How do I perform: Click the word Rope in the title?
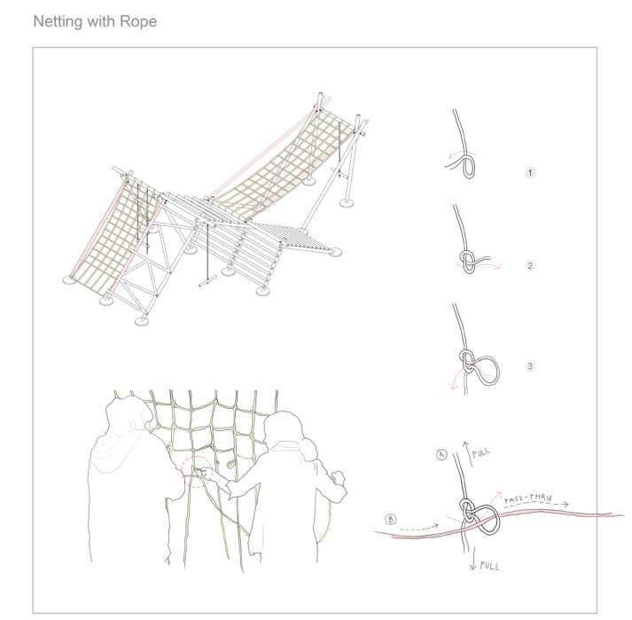[x=139, y=20]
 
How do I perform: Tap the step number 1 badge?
[x=530, y=172]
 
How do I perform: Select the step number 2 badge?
[x=530, y=265]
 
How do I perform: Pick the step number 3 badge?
[x=530, y=365]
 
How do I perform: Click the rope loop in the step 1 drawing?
[x=470, y=165]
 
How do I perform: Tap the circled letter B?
[x=391, y=518]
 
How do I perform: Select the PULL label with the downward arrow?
[x=489, y=565]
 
